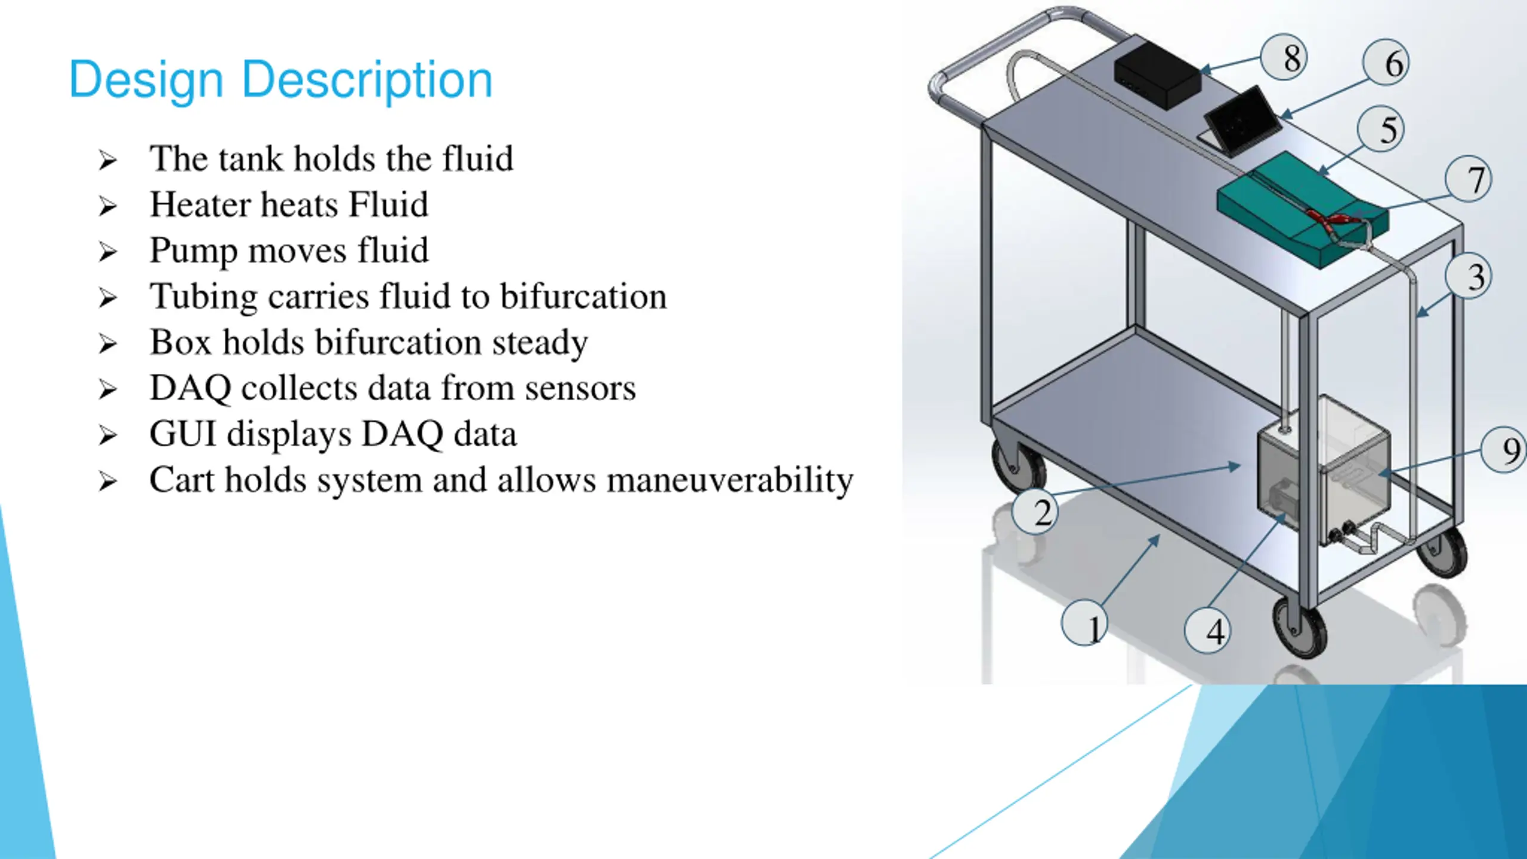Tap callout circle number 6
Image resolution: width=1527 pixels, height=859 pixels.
[1386, 63]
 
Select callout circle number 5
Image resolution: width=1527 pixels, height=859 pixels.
[1380, 129]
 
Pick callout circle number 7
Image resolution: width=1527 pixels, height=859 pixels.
[1468, 179]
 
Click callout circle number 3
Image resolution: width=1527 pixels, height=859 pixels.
[1468, 276]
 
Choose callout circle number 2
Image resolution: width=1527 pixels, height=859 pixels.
[1035, 512]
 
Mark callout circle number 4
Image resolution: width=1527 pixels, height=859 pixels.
[1207, 631]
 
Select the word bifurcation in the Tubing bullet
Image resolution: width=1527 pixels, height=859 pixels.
[583, 296]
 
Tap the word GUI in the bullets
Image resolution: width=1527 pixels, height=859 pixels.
[182, 434]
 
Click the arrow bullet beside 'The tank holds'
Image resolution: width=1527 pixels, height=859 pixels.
[108, 160]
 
